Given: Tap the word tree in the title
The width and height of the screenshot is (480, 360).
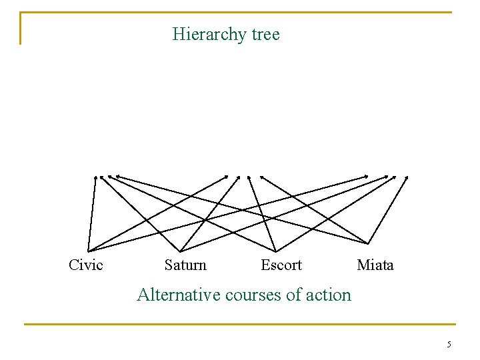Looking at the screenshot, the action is (x=266, y=34).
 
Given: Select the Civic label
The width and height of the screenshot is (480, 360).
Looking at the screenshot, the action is (x=86, y=265).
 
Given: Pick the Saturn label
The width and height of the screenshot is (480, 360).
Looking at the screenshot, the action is (x=185, y=265).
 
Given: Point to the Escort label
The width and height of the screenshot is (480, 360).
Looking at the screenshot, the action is (x=281, y=265).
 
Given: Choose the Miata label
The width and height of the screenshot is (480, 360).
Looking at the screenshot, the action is (x=375, y=265).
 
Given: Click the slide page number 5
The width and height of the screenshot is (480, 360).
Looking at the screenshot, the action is (x=449, y=345).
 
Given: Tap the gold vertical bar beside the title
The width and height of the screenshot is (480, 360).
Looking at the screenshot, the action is (x=21, y=29).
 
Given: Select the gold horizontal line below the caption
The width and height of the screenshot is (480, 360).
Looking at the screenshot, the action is (x=240, y=325).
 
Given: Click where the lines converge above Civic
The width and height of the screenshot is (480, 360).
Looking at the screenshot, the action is (x=86, y=247).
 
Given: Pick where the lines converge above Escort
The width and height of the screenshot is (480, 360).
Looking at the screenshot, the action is (x=275, y=251).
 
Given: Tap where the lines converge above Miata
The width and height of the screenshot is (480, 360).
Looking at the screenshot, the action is (x=368, y=243).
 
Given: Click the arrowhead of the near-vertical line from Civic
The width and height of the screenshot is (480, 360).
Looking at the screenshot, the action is (x=95, y=177).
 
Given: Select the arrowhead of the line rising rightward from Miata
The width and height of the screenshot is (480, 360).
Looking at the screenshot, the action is (x=406, y=177).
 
